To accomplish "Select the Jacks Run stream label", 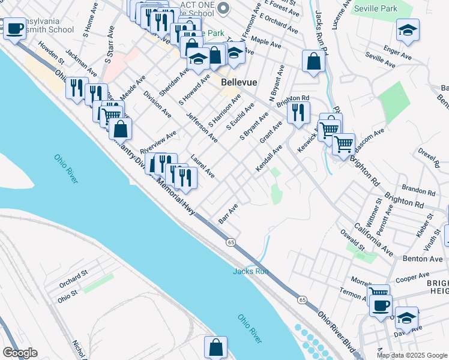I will point(250,272).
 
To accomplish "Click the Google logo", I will point(19,353).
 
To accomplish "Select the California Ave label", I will point(373,239).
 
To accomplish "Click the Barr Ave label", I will point(229,214).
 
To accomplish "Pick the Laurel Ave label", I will point(203,167).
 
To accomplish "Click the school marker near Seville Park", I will point(408,31).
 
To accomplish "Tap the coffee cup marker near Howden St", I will point(14,28).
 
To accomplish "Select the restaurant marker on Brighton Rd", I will point(298,112).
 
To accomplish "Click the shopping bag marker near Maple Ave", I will point(313,61).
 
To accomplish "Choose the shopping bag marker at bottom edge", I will point(215,347).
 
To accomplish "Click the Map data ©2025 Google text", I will point(411,355).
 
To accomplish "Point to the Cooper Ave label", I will point(412,278).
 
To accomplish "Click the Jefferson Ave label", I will point(202,127).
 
